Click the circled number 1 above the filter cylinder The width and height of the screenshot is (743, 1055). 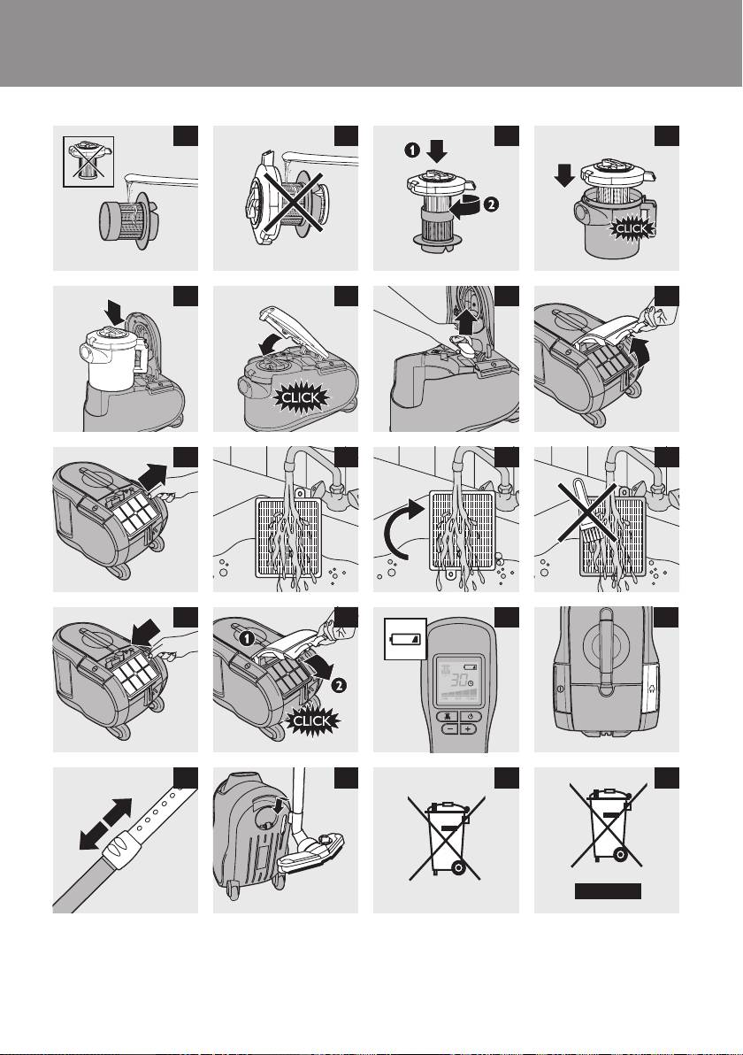(412, 150)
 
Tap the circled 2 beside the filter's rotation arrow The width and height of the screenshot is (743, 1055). (491, 204)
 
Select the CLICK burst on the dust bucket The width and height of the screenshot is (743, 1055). (631, 228)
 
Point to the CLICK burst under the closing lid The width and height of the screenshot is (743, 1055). (302, 397)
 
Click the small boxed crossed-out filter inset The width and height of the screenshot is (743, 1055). (88, 161)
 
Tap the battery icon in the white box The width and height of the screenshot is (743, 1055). (405, 638)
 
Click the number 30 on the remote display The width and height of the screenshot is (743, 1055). (459, 678)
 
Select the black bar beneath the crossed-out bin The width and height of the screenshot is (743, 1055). (608, 891)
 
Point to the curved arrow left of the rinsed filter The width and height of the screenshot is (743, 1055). (401, 529)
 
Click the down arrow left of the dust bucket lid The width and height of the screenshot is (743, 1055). (563, 176)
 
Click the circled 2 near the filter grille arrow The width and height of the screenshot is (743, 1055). (339, 686)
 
